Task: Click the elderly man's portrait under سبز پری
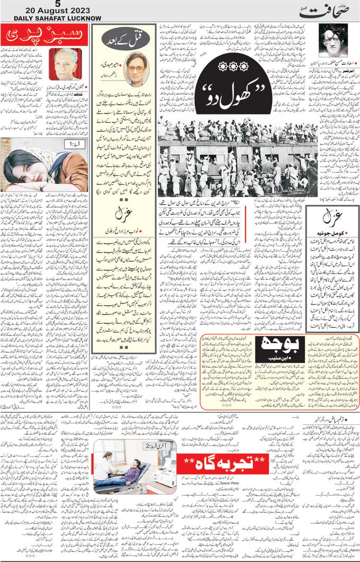click(x=65, y=64)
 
